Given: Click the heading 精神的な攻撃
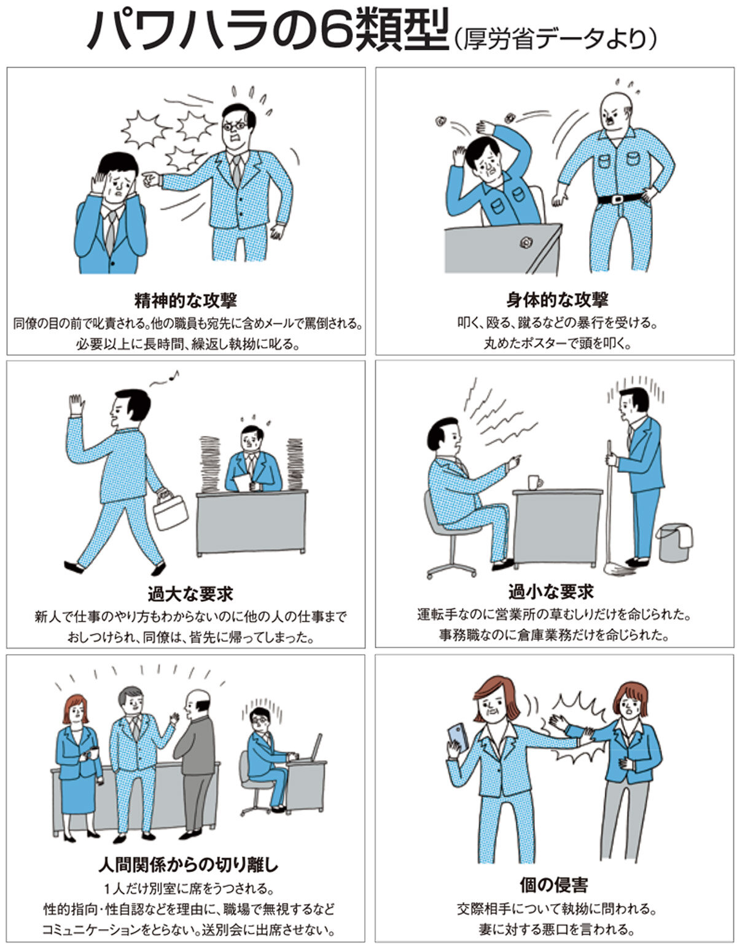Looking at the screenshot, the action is coord(185,300).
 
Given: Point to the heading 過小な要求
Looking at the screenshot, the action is coord(551,591).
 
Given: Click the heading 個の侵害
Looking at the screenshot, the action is coord(553,885).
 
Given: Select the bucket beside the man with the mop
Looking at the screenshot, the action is coord(675,542).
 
